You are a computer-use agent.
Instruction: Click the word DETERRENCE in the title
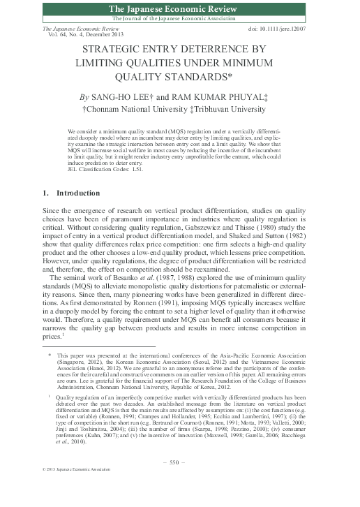point(211,50)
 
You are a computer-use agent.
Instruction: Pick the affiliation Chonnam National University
point(134,110)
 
